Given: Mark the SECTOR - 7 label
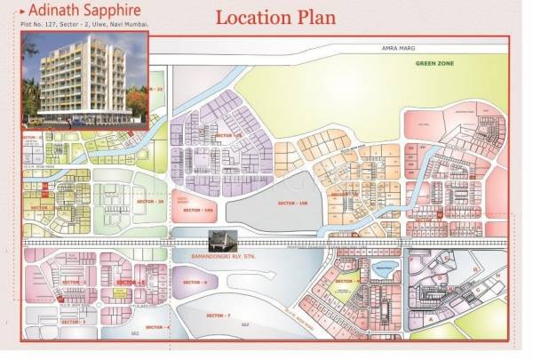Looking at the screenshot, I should coord(216,316).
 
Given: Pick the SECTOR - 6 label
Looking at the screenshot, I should coord(195,282).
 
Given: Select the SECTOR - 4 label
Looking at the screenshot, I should coord(156,328).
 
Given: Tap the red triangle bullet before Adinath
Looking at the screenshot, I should coord(21,11).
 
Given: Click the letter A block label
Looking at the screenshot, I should coord(433,316).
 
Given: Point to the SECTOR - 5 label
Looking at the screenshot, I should coord(130,282).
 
